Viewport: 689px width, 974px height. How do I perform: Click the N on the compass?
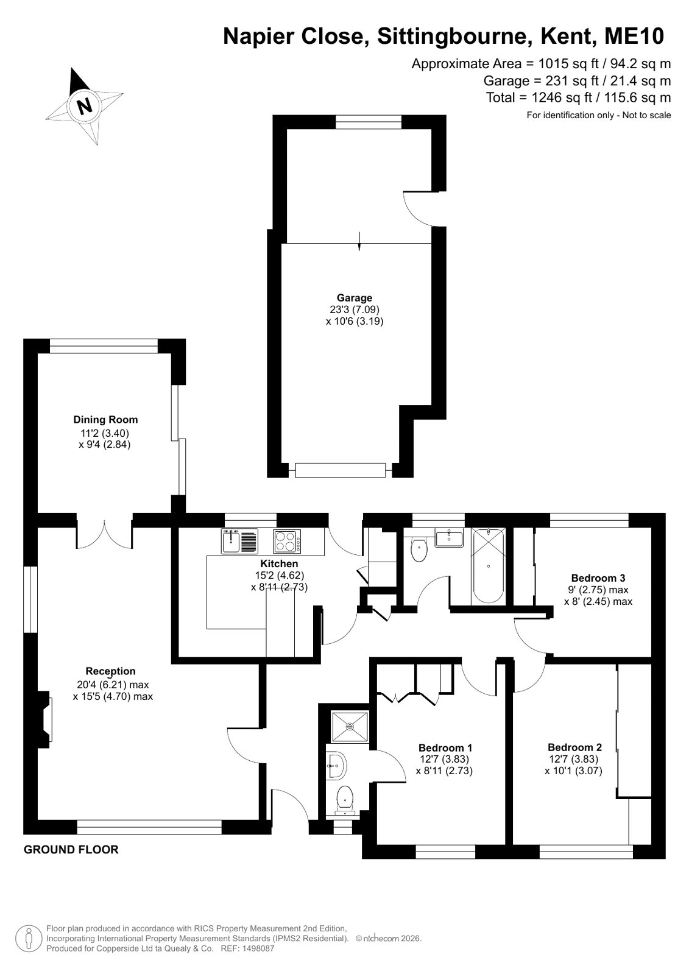click(84, 105)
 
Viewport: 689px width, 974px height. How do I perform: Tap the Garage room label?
click(355, 298)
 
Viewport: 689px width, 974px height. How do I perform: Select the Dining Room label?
click(105, 420)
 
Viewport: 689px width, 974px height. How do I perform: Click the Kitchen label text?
click(279, 563)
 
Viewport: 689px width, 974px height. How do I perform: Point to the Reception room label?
click(110, 671)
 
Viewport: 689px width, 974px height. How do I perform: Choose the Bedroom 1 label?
click(445, 748)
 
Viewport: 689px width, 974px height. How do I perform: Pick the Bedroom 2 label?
click(574, 747)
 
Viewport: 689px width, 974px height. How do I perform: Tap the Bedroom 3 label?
click(598, 578)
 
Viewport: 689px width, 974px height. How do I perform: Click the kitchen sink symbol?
click(239, 541)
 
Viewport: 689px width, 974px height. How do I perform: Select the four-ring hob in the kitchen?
click(287, 541)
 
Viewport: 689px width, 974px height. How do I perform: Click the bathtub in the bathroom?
click(489, 565)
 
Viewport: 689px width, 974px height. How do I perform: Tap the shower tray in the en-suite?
click(350, 727)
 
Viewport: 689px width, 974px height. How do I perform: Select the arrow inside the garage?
click(359, 241)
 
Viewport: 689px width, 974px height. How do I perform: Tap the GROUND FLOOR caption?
click(71, 850)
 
